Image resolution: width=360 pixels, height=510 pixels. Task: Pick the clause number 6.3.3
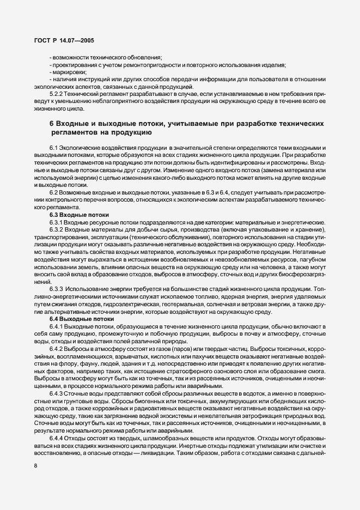tap(58, 288)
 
